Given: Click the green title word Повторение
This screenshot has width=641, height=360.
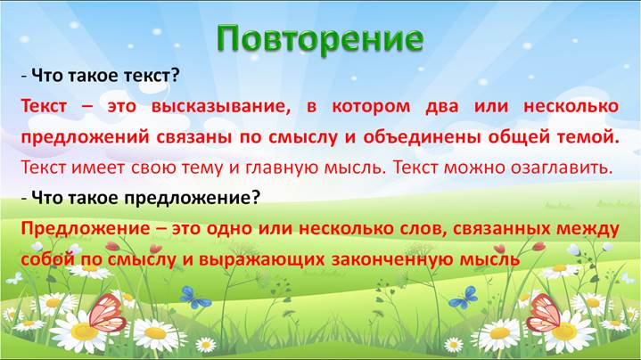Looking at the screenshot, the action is (320, 39).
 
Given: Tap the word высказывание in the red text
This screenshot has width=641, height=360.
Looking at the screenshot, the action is (221, 106).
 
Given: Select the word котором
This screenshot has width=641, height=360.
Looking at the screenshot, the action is (371, 106).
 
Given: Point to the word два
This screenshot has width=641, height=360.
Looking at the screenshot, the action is (442, 107).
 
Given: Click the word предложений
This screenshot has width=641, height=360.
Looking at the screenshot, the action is (85, 137).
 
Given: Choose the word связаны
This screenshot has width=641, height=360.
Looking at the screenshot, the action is (193, 137).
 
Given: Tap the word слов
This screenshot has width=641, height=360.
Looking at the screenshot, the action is (425, 229).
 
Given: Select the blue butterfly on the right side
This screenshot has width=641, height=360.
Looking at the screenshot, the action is (464, 298).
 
